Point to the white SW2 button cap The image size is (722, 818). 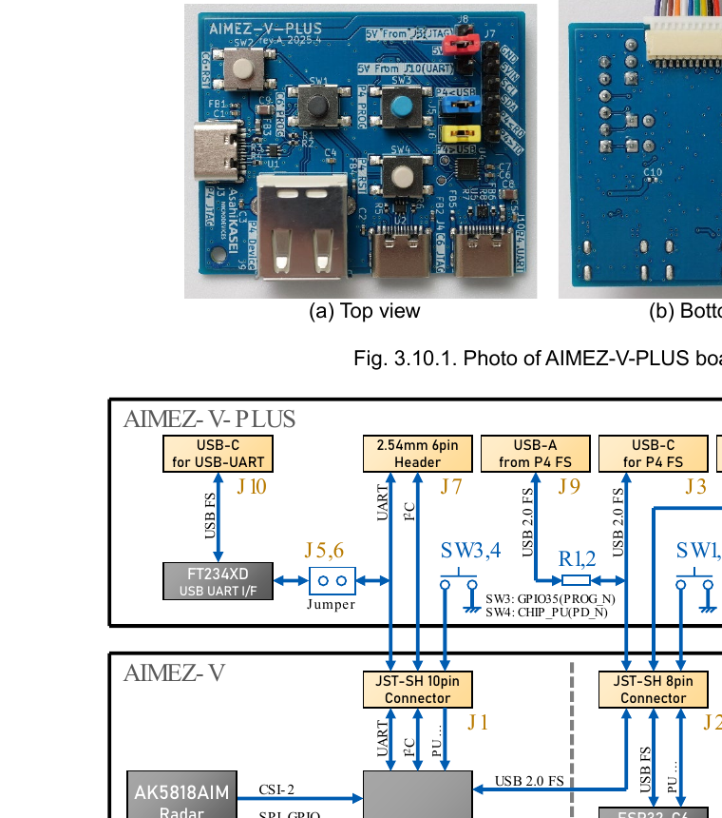[243, 70]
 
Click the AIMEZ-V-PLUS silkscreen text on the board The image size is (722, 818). [255, 29]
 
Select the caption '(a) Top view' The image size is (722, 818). [365, 311]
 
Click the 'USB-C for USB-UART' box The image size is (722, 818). [218, 454]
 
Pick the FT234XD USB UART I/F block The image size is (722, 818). [218, 581]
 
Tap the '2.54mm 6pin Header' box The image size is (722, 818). [417, 454]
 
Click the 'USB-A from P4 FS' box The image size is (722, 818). [536, 454]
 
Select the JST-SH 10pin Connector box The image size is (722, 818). [417, 690]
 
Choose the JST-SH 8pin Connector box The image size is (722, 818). [654, 690]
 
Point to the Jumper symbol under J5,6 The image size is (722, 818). [332, 580]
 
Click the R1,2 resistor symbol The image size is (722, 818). [577, 579]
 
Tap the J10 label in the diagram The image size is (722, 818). [252, 487]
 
